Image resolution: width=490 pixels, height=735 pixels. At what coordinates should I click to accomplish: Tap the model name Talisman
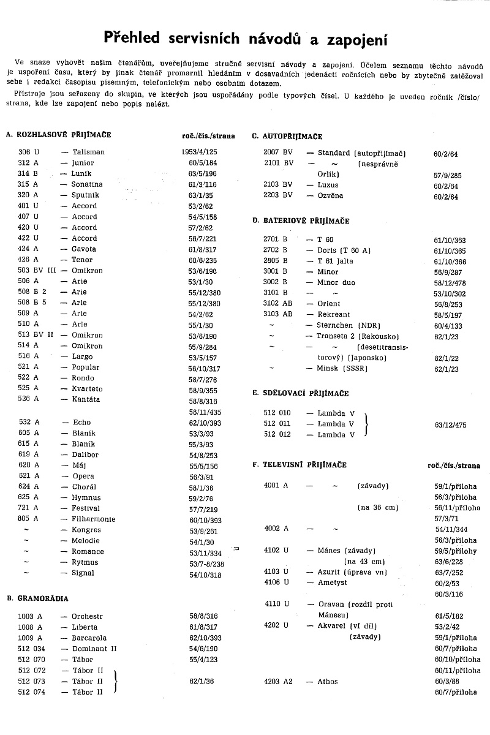pos(88,152)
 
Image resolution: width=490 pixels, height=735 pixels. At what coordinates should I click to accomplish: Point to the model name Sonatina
pos(87,184)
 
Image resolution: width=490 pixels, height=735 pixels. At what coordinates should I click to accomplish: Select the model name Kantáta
pos(86,400)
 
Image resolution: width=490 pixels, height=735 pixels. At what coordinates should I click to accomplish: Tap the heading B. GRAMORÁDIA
pos(37,598)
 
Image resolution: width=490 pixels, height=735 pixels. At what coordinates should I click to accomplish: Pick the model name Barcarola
pos(89,638)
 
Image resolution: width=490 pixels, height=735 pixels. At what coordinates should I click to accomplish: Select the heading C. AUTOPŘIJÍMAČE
pos(287,137)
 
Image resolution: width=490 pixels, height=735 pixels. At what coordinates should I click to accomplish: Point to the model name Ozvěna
pos(330,196)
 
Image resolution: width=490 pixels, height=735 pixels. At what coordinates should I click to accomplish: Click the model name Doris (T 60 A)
pos(344,251)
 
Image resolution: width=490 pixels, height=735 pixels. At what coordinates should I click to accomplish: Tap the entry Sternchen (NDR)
pos(347,326)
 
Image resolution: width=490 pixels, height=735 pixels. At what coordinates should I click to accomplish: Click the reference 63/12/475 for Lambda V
pos(450,423)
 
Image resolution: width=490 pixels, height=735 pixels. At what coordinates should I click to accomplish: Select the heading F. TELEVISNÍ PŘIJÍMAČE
pos(300,466)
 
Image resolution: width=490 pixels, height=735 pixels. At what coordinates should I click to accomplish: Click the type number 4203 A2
pos(279,682)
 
